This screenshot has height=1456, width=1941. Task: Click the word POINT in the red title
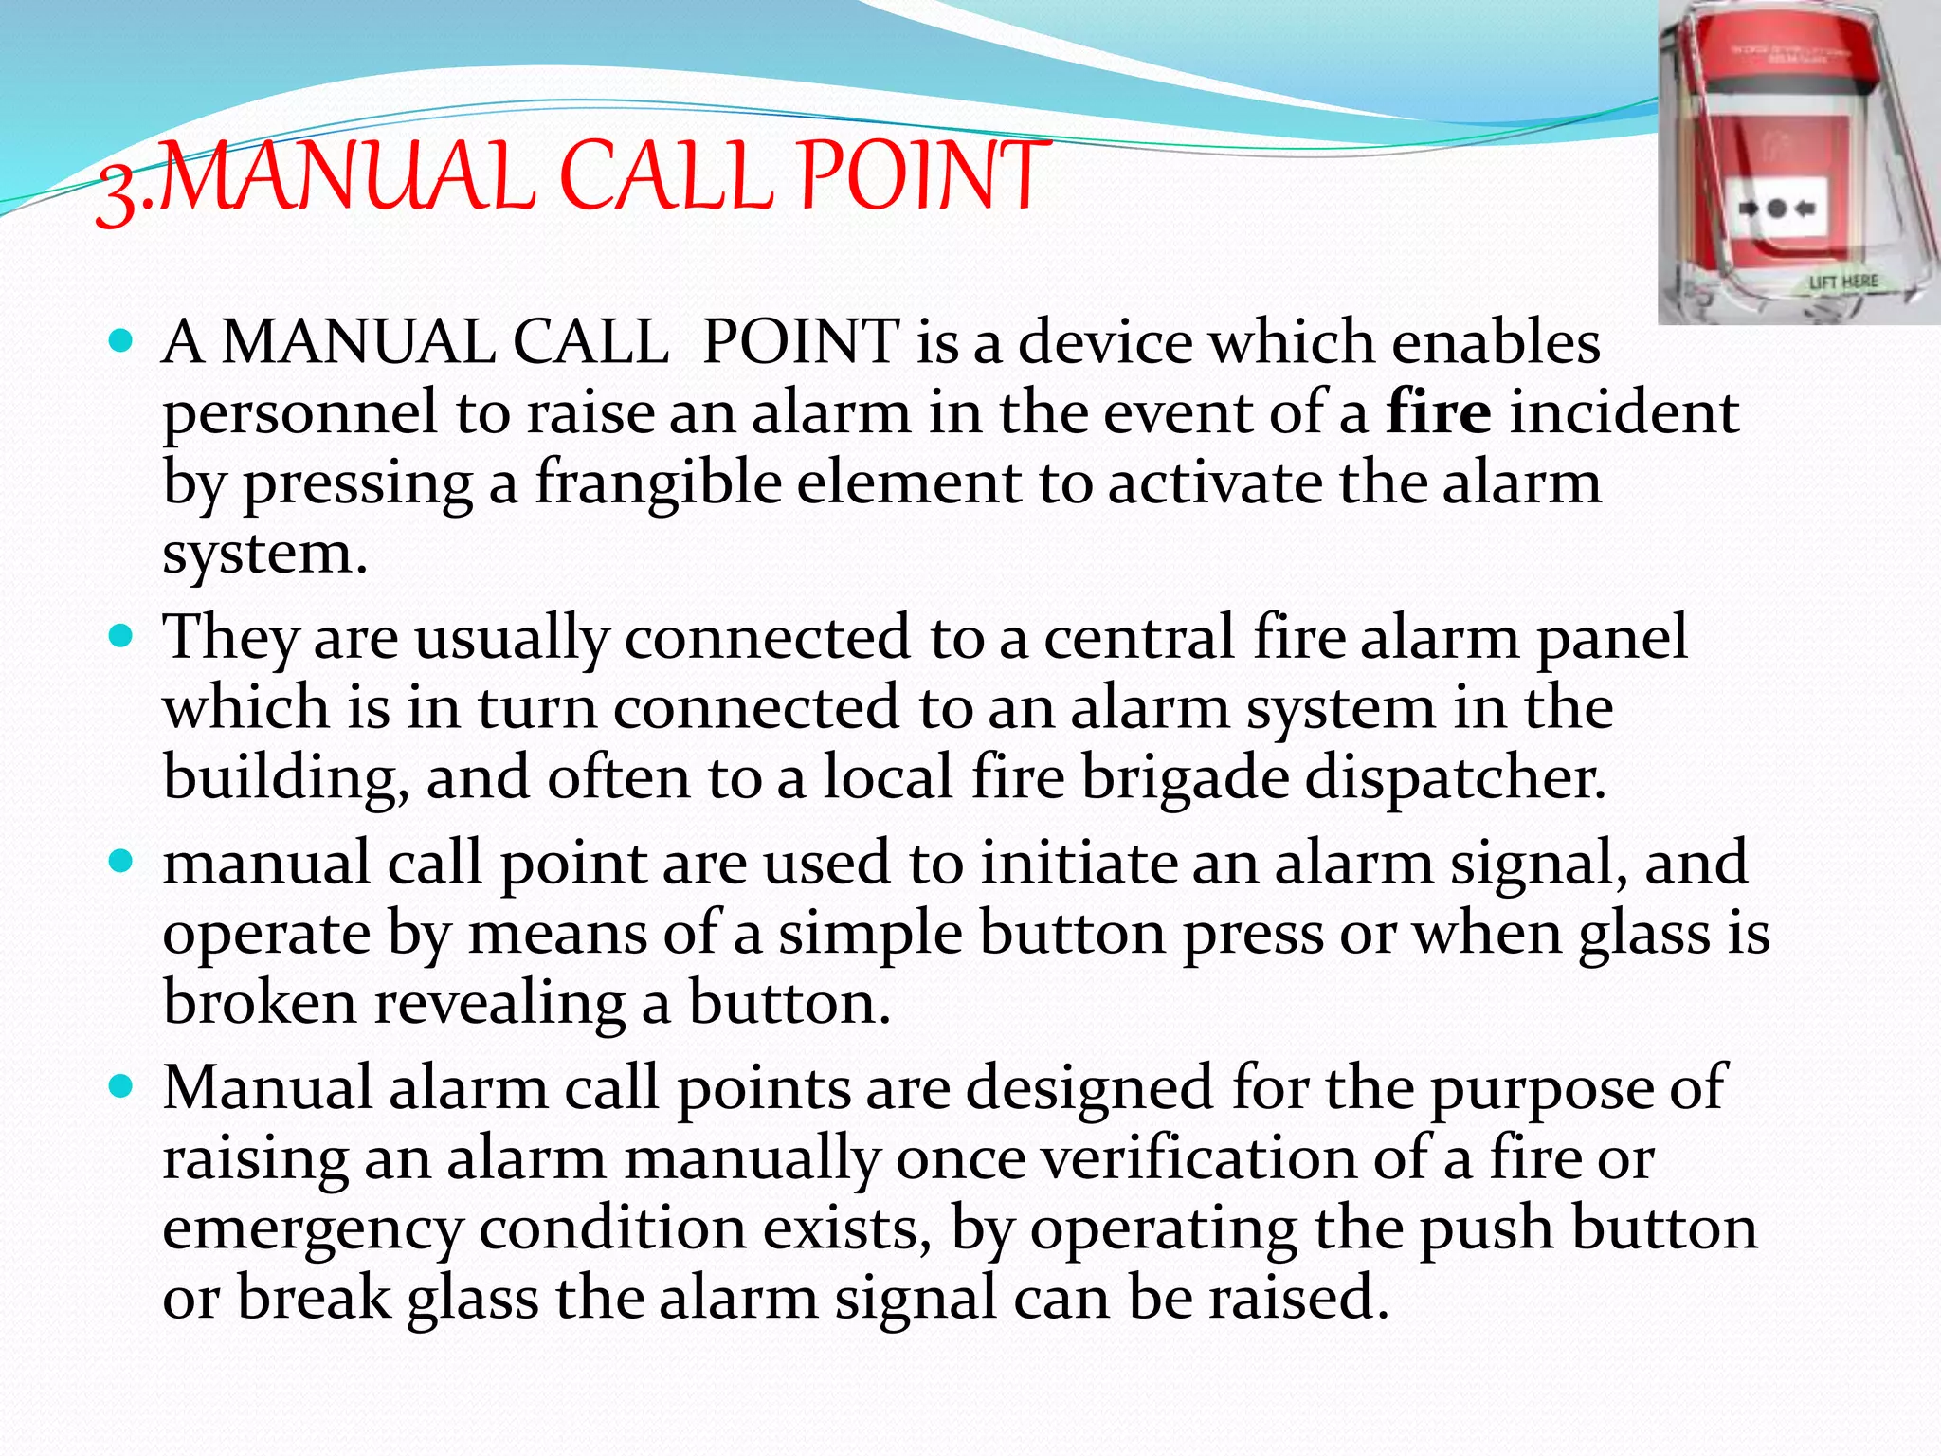tap(921, 176)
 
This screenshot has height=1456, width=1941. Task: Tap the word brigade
tap(1185, 778)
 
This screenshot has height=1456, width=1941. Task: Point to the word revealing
tap(499, 1003)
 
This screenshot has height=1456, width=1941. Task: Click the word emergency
tap(312, 1229)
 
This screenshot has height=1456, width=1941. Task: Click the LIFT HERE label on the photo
tap(1842, 282)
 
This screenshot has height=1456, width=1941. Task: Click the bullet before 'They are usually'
tap(120, 636)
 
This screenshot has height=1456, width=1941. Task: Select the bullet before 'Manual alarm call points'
tap(120, 1086)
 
